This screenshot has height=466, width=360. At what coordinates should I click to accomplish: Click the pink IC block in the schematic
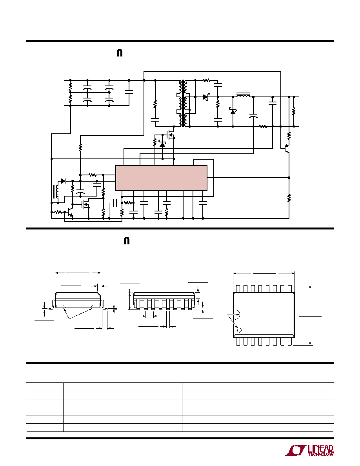161,178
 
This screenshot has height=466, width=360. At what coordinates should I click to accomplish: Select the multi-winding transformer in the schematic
183,103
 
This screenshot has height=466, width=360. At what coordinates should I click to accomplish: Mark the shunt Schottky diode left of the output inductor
233,111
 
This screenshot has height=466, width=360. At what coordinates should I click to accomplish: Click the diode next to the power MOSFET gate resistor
162,144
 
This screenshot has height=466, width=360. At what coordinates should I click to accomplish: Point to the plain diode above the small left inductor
63,180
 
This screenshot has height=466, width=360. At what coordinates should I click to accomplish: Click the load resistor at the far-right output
294,111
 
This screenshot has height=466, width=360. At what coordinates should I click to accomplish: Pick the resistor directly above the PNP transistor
289,135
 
